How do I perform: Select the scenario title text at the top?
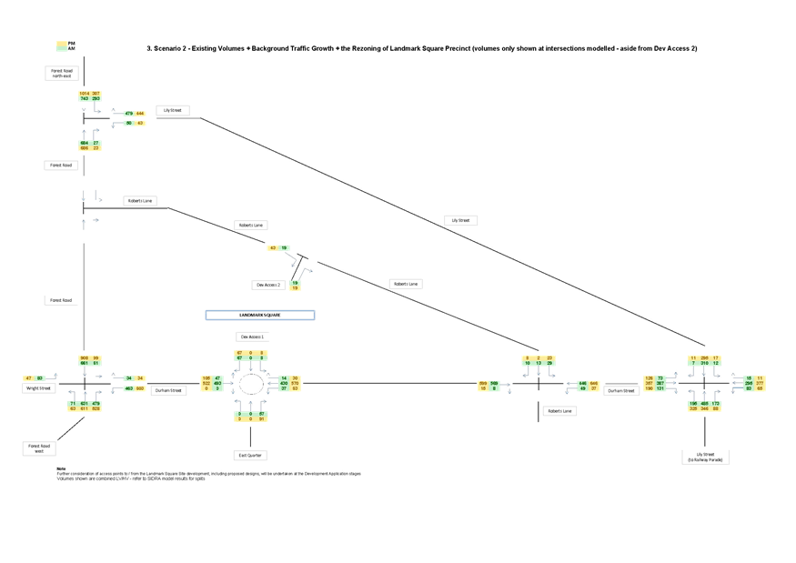coord(422,47)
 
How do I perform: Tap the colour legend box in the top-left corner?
coord(62,45)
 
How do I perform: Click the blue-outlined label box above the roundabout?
coord(260,315)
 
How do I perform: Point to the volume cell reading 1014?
coord(84,94)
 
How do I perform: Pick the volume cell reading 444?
coord(140,114)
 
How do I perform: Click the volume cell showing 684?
coord(84,144)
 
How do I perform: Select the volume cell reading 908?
coord(84,358)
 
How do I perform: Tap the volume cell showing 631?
coord(84,403)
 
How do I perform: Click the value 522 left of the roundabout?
coord(206,384)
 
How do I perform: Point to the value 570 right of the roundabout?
coord(295,384)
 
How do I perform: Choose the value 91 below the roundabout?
coord(262,419)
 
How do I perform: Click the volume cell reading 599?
coord(483,384)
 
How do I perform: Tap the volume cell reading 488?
coord(704,403)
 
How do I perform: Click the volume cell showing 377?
coord(760,384)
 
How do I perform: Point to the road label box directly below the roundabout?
coord(250,454)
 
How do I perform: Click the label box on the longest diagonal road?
coord(461,220)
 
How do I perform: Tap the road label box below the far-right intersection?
coord(705,456)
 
